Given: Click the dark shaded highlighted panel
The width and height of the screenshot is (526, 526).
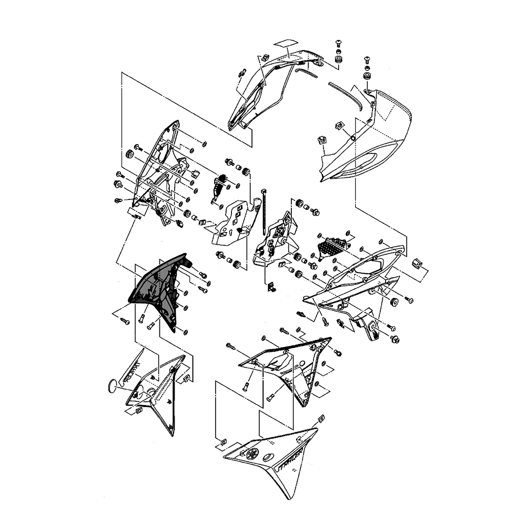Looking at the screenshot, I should point(158,289).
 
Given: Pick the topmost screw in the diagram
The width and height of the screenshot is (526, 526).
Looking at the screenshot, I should point(338,43).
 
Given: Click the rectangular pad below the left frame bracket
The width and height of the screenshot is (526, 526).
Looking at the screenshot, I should point(136,212).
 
